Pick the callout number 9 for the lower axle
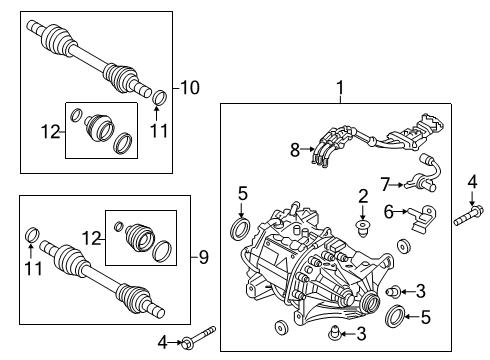click(x=203, y=257)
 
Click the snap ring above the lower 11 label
click(x=32, y=235)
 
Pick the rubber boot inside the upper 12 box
click(x=101, y=130)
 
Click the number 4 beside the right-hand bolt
click(x=472, y=181)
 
